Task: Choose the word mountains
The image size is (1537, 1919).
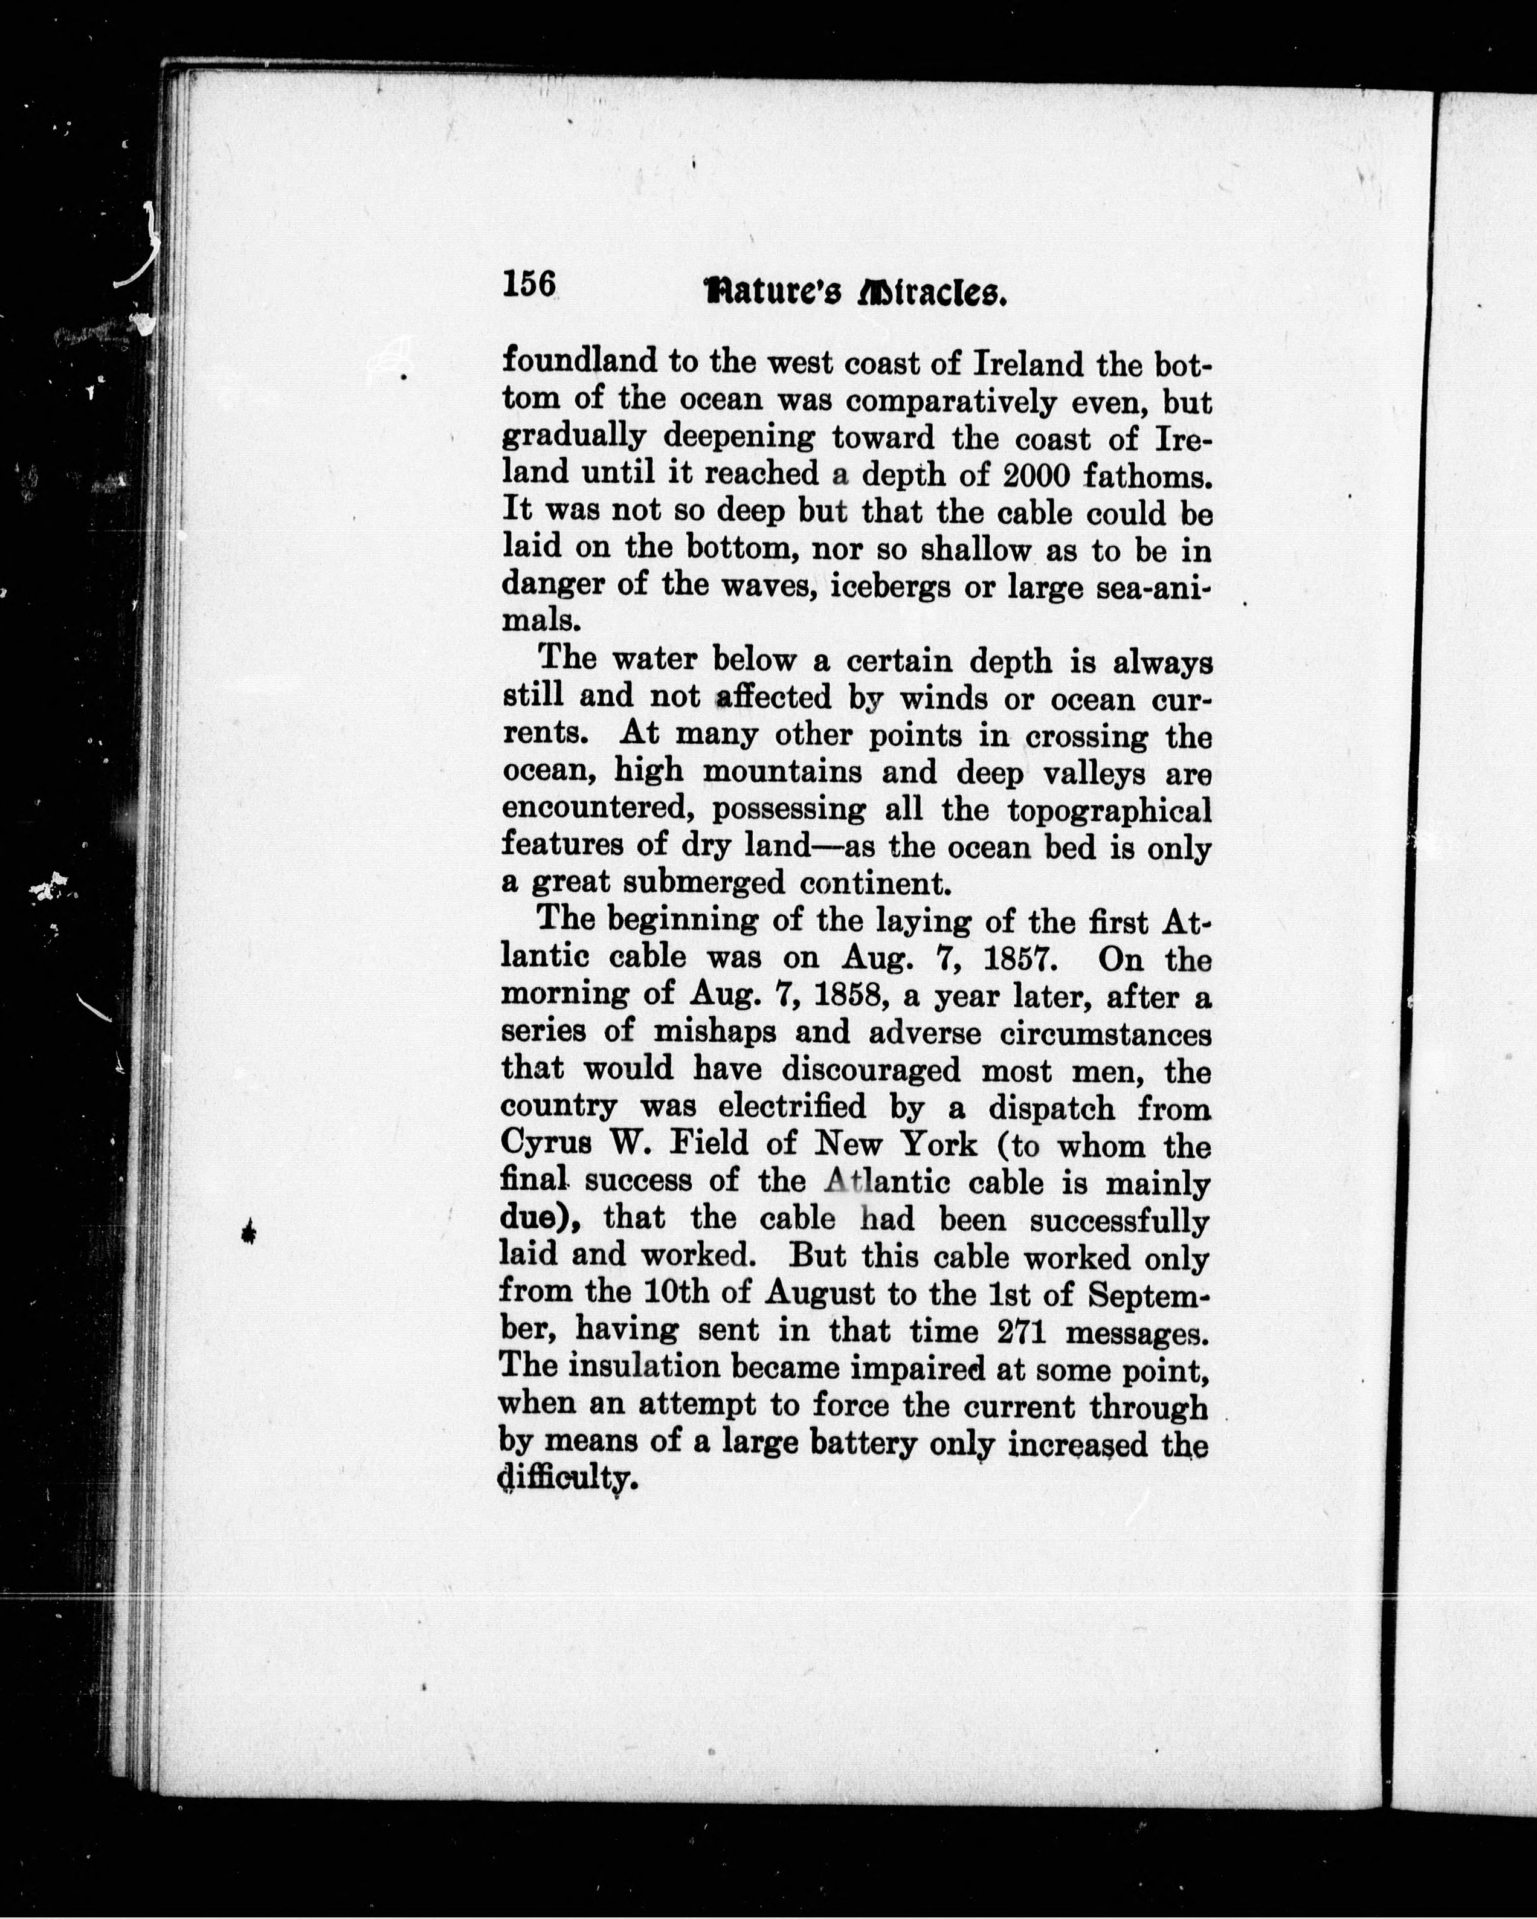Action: (782, 771)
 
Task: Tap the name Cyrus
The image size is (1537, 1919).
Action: (543, 1144)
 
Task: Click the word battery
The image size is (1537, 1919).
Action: (851, 1442)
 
